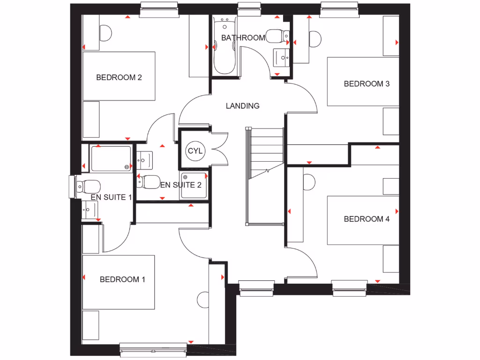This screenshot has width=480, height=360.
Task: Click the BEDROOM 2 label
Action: tap(119, 77)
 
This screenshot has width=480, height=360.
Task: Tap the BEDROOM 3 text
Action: tap(367, 84)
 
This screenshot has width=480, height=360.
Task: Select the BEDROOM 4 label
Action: tap(367, 219)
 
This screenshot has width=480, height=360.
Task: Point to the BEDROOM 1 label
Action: tap(122, 279)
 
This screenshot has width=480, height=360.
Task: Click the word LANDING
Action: tap(242, 106)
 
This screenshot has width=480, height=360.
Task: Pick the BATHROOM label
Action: tap(243, 37)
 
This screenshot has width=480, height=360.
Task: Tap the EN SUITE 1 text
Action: tap(111, 197)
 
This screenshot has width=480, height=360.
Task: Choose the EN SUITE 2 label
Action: tap(181, 185)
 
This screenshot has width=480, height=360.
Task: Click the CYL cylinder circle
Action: tap(195, 151)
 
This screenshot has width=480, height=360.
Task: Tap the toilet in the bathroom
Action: tap(275, 36)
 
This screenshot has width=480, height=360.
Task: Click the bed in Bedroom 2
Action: tap(119, 76)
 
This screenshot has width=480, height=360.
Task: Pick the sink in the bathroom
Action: tap(282, 58)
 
